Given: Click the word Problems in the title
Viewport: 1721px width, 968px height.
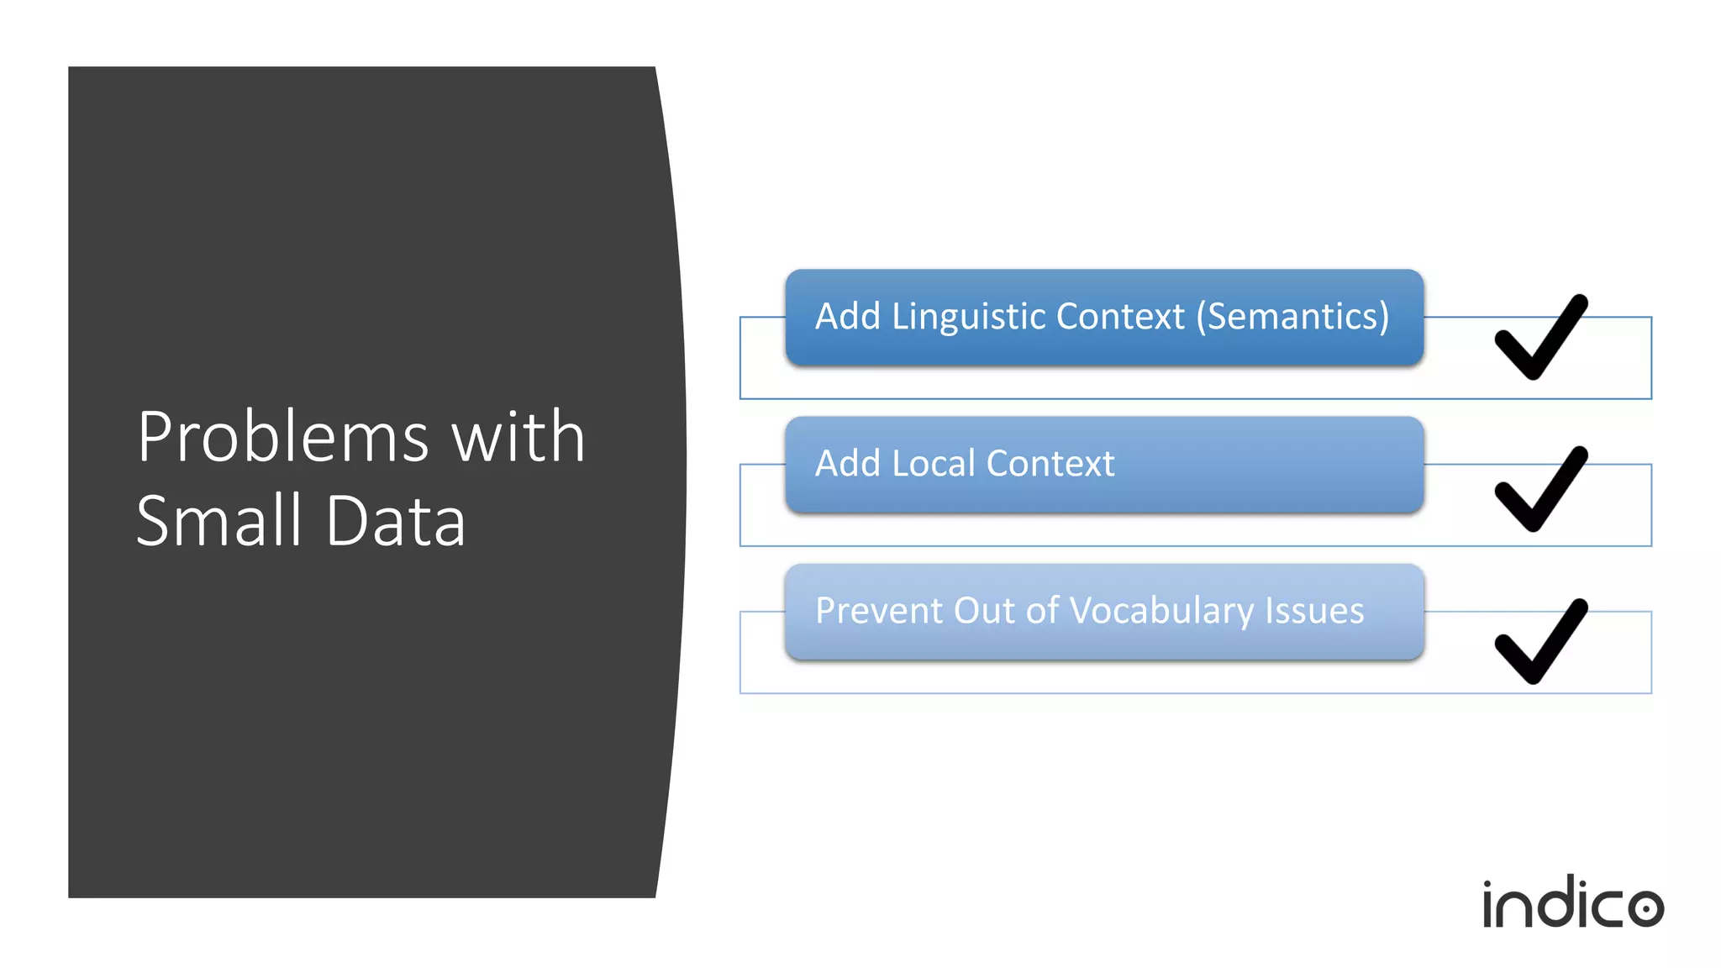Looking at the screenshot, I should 283,438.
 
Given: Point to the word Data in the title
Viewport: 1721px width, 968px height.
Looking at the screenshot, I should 395,521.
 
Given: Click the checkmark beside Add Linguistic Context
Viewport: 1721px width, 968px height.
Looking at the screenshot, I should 1540,338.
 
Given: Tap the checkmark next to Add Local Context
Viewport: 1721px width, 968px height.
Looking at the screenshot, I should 1540,490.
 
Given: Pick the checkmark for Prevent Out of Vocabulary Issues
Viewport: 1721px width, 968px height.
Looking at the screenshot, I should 1540,642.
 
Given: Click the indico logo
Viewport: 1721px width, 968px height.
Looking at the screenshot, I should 1572,904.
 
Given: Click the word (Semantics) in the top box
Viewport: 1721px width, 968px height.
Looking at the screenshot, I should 1292,317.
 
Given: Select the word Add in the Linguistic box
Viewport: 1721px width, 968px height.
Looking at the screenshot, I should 847,317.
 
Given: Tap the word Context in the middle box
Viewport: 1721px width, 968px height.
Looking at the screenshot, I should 1050,464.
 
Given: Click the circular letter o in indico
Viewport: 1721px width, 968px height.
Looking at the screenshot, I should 1645,908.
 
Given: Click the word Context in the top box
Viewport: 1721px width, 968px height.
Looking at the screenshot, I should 1120,317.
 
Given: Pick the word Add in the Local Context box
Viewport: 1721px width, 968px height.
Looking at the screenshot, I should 847,464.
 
